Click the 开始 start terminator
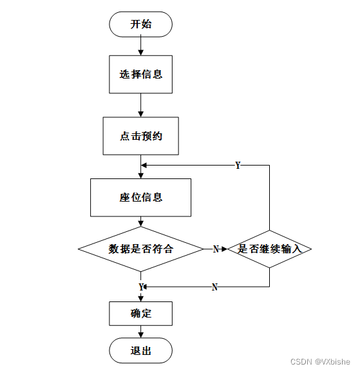tap(141, 24)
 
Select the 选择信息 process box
tap(141, 74)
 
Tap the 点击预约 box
tap(141, 136)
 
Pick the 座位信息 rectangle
tap(141, 198)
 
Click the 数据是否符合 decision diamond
tap(141, 249)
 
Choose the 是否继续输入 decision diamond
tap(269, 249)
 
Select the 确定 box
tap(141, 314)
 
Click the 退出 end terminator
tap(141, 350)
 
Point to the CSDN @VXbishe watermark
tap(320, 361)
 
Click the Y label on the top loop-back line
tap(238, 165)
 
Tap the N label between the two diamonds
tap(216, 249)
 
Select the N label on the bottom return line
tap(214, 287)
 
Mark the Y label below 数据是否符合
tap(141, 287)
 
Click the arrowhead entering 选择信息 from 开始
tap(141, 53)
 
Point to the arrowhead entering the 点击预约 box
tap(141, 114)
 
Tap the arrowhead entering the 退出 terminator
tap(141, 335)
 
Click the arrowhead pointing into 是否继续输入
tap(225, 249)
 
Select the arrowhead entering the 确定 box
tap(141, 299)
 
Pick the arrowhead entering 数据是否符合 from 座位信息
tap(141, 224)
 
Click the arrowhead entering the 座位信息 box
tap(141, 176)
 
